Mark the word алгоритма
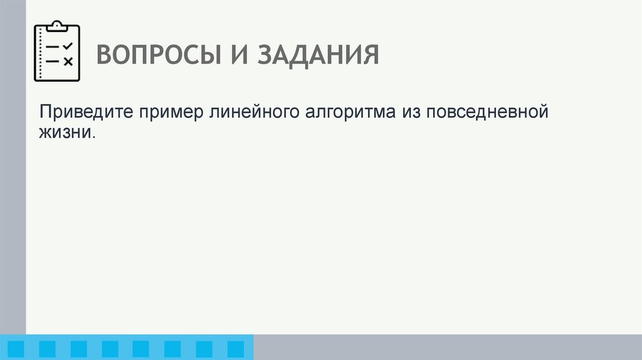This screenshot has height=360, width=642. coord(349,115)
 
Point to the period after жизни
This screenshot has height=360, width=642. coord(96,137)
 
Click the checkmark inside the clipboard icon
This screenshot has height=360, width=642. coord(68,46)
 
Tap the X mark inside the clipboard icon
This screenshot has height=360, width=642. coord(68,61)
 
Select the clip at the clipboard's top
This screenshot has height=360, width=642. coord(58,26)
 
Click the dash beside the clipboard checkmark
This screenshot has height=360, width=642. coord(53,47)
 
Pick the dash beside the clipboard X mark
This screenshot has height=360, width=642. coord(53,61)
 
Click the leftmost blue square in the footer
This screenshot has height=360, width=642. coord(16,349)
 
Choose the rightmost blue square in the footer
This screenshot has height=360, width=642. coord(235,349)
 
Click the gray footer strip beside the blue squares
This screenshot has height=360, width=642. coord(445,347)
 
